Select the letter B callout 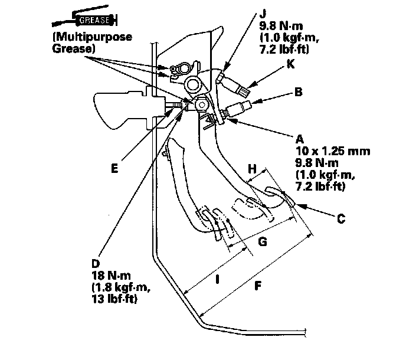(298, 92)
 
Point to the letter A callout (299, 139)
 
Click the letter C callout (340, 218)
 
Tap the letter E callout (115, 168)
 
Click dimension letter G (263, 241)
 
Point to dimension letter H (253, 170)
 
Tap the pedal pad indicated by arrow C (281, 196)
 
